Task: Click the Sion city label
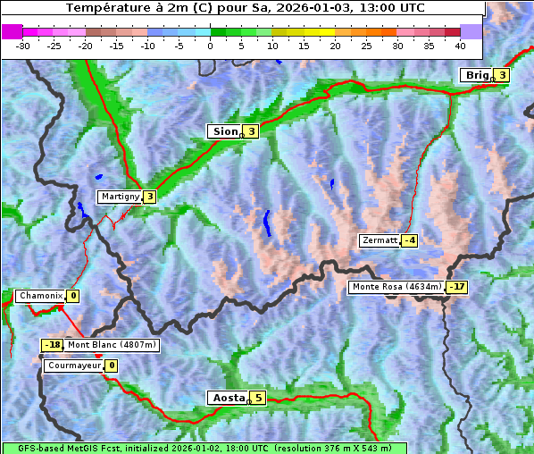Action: pos(224,131)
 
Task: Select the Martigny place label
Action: pos(120,197)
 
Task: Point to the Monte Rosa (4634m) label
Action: pos(396,287)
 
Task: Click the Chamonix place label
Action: pos(40,296)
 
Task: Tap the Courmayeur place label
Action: pos(73,366)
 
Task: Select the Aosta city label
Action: pos(227,398)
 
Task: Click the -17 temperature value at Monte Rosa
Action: pos(456,287)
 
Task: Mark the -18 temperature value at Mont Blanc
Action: pos(53,345)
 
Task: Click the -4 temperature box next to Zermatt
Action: pos(410,240)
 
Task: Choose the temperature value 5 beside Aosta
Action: pos(258,398)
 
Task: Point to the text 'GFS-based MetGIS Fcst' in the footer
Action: pos(63,448)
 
